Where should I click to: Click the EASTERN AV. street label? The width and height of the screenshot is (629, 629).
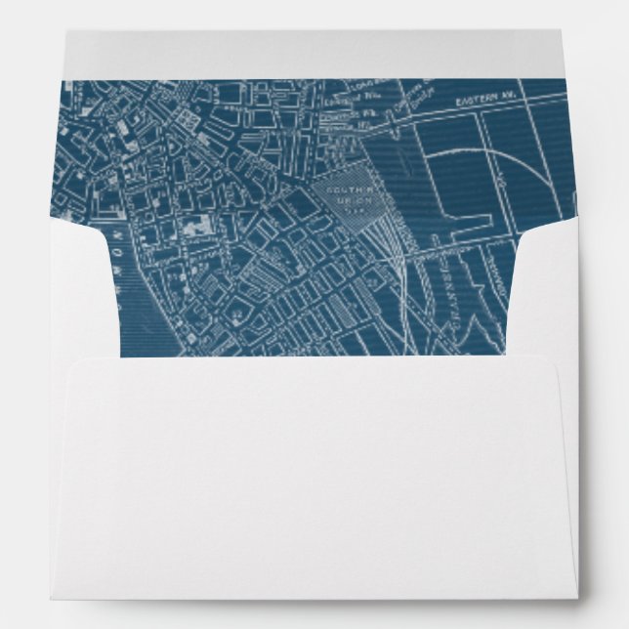(479, 101)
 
